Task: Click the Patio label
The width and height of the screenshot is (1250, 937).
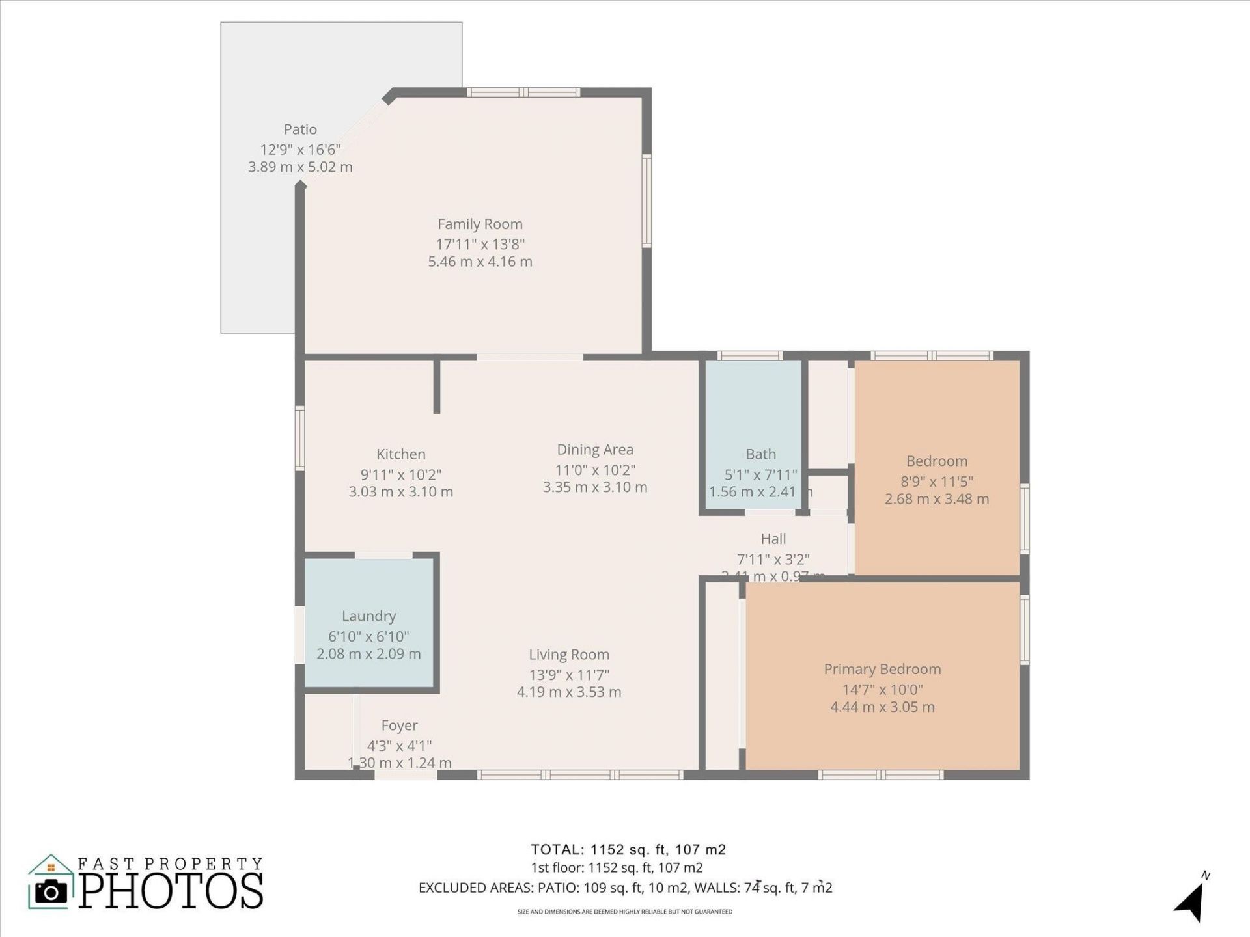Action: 300,129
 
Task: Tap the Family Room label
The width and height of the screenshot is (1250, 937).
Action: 480,224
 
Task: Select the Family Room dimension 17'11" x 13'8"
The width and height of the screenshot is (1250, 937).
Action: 480,244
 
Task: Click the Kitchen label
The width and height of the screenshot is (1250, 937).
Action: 400,454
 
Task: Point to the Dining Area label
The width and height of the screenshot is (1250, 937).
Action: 594,450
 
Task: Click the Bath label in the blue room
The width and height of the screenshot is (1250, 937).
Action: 760,454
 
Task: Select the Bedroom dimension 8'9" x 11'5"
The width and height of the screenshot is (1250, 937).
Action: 936,482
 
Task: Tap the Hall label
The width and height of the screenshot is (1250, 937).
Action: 773,539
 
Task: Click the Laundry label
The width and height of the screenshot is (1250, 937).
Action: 368,616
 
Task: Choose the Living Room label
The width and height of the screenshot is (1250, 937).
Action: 568,655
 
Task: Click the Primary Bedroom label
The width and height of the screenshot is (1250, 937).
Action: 882,669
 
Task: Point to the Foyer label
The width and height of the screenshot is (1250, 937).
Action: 399,726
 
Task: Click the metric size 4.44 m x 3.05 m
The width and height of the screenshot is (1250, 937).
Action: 882,707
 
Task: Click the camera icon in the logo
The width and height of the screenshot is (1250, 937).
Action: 51,891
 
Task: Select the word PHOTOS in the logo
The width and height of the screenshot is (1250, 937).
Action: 171,891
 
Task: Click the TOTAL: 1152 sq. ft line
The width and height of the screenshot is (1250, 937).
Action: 628,849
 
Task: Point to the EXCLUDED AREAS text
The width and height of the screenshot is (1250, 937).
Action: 625,888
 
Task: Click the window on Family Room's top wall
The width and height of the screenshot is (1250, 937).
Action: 523,92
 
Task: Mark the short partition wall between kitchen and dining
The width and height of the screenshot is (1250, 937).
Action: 437,387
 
